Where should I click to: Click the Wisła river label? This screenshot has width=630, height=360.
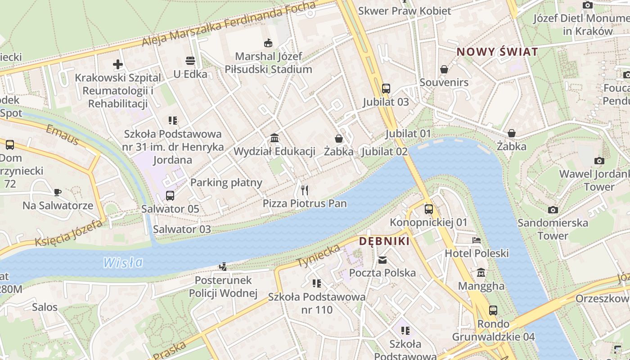click(123, 262)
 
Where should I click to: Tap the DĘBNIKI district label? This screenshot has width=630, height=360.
click(384, 241)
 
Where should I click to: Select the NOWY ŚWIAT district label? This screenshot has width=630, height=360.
click(497, 52)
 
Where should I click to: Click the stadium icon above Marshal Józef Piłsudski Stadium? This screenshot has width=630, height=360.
click(268, 43)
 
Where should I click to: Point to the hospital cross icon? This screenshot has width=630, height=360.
click(118, 64)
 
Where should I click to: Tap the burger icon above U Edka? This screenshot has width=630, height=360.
click(190, 61)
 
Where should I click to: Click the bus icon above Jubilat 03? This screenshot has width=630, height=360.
click(386, 89)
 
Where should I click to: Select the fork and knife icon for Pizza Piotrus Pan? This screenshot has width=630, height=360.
click(305, 190)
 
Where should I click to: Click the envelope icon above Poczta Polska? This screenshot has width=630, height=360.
click(382, 260)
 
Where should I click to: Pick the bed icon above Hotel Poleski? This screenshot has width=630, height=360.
click(477, 240)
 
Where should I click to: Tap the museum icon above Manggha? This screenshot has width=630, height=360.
click(481, 273)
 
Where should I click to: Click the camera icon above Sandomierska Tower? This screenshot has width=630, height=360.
click(553, 210)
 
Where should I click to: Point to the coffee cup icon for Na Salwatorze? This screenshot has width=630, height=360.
click(58, 193)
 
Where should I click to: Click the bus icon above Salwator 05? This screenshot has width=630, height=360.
click(170, 196)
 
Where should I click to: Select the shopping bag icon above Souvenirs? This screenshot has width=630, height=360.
click(444, 69)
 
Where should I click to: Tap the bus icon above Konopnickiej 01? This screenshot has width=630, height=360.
click(428, 209)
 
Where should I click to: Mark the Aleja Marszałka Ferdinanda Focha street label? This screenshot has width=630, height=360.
click(229, 24)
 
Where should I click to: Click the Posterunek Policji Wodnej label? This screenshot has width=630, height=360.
click(223, 287)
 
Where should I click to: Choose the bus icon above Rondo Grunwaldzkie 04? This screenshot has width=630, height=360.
click(493, 310)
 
